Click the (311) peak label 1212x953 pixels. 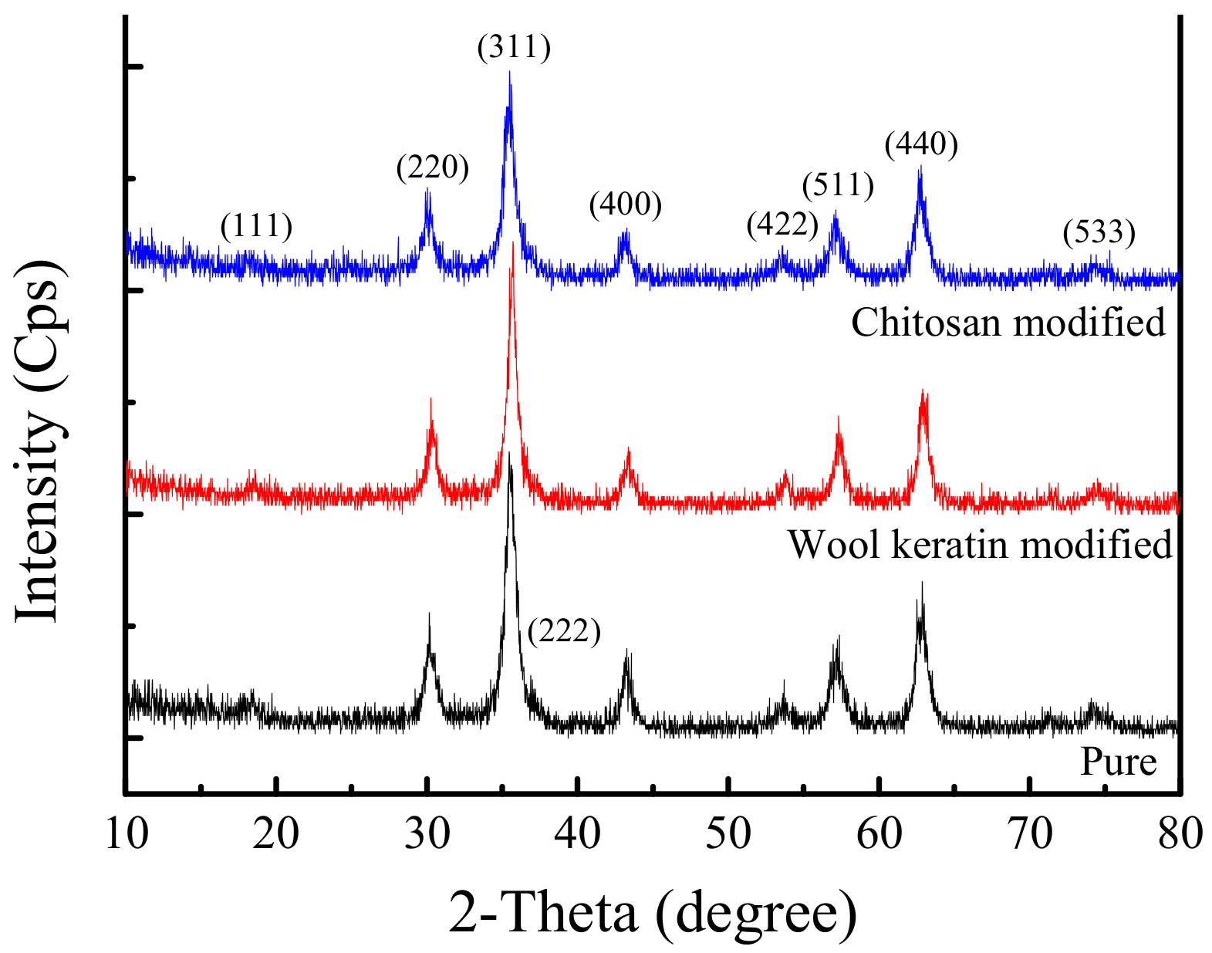click(514, 48)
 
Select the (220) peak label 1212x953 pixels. click(433, 167)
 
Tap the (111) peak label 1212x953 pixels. click(256, 226)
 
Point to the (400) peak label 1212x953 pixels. click(626, 204)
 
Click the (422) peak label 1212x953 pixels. click(782, 224)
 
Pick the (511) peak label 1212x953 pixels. click(838, 185)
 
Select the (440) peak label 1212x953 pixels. click(921, 144)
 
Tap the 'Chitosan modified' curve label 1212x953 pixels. click(1008, 322)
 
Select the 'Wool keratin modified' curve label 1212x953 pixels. click(980, 544)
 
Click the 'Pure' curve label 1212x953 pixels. click(1119, 762)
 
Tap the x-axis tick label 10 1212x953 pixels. click(126, 834)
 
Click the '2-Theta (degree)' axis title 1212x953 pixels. click(653, 913)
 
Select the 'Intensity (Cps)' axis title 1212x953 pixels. click(39, 440)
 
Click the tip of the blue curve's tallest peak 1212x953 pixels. click(509, 73)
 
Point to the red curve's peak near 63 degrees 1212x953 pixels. click(923, 392)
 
